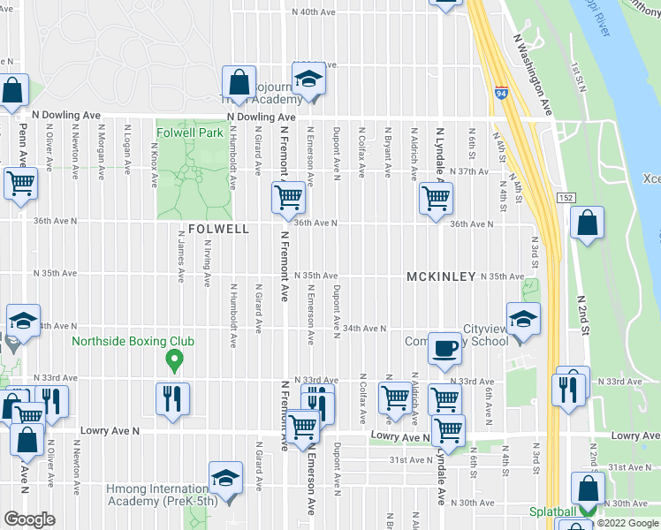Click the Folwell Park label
click(x=189, y=132)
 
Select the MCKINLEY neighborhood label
click(x=442, y=276)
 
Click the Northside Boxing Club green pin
click(x=174, y=360)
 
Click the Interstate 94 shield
click(x=501, y=92)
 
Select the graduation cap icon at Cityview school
click(x=523, y=319)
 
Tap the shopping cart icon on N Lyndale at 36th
click(x=435, y=200)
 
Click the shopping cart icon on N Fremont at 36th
click(x=286, y=200)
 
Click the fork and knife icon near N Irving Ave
click(x=172, y=398)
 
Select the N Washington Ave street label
click(x=533, y=75)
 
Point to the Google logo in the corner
click(x=29, y=519)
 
